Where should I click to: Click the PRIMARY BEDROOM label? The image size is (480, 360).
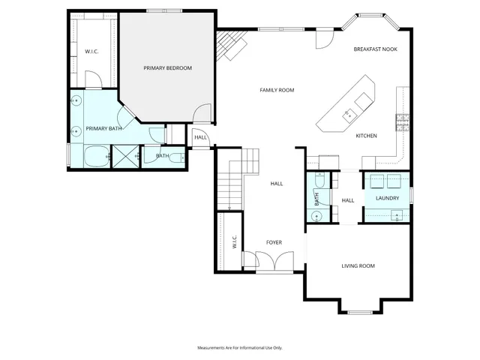pyautogui.click(x=167, y=68)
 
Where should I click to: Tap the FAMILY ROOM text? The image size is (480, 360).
pyautogui.click(x=277, y=90)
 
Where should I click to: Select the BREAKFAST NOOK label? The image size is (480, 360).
pyautogui.click(x=375, y=49)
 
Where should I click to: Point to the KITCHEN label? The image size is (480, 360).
pyautogui.click(x=366, y=136)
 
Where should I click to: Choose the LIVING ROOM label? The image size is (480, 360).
pyautogui.click(x=358, y=265)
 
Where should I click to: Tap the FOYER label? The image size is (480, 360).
pyautogui.click(x=274, y=242)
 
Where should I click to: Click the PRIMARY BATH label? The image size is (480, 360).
pyautogui.click(x=103, y=129)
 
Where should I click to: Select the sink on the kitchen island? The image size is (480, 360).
pyautogui.click(x=348, y=114)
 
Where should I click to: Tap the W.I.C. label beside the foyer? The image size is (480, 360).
pyautogui.click(x=234, y=241)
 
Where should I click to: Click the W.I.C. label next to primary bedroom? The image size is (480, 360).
pyautogui.click(x=92, y=52)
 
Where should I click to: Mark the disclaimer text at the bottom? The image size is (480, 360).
pyautogui.click(x=239, y=348)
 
